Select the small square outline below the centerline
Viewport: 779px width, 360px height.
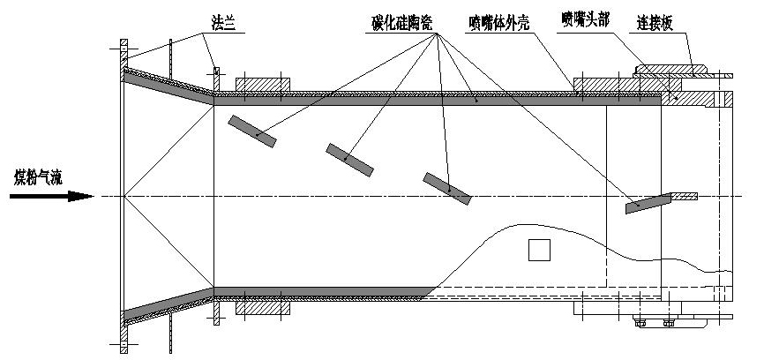(540, 251)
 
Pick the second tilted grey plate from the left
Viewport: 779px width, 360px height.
(350, 157)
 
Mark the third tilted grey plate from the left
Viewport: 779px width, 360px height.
(447, 188)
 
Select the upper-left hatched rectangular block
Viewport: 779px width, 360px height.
(263, 84)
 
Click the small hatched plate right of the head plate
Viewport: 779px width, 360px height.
(685, 195)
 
